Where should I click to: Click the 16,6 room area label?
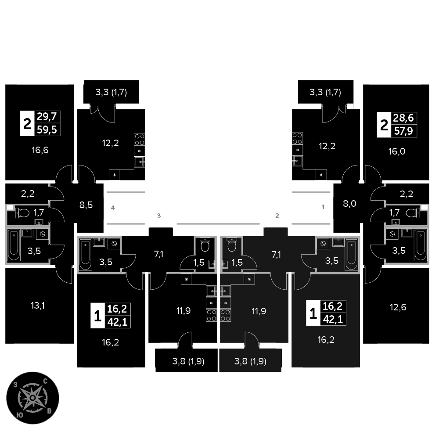pos(40,150)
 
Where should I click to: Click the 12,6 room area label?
pos(398,307)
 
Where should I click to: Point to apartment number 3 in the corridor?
pos(159,216)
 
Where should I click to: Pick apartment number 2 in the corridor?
pos(277,216)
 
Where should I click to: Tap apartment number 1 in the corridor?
pos(324,207)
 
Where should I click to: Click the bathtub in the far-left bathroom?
pos(14,244)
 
